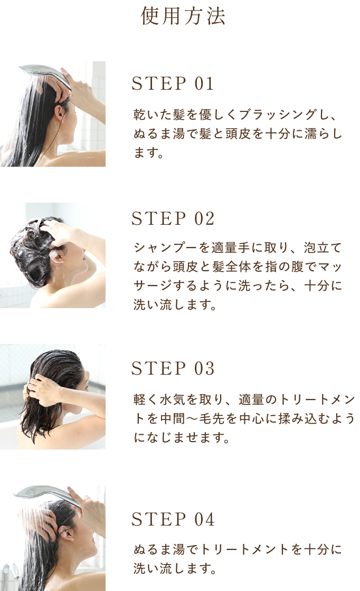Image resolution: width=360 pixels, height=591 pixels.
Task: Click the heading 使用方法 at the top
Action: (x=183, y=16)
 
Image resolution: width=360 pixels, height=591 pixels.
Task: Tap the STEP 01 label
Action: (x=173, y=83)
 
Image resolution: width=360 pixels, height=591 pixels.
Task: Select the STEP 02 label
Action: (x=173, y=218)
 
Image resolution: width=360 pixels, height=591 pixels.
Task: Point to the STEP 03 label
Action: (x=173, y=368)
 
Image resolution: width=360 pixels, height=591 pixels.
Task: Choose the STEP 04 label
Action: (x=173, y=519)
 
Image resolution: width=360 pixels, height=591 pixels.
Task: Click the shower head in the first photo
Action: (x=45, y=74)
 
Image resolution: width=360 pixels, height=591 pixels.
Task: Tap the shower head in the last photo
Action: (x=47, y=495)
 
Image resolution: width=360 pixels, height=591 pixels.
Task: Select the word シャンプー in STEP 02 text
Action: (x=166, y=247)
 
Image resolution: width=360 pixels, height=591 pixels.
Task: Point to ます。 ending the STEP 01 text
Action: (x=148, y=153)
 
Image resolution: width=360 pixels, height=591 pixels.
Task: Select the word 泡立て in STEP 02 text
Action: (x=323, y=247)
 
